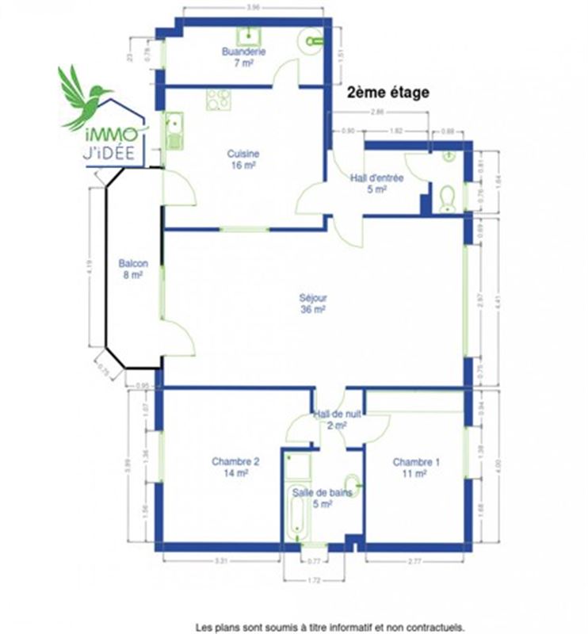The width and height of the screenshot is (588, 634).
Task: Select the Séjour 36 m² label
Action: pos(313,304)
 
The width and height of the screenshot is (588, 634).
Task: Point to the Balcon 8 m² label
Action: pos(132,269)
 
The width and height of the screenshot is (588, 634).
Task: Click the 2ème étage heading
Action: pos(388,93)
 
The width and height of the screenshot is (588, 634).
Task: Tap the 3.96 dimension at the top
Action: pos(254,7)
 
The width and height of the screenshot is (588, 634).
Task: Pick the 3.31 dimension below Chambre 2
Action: pos(221,561)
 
